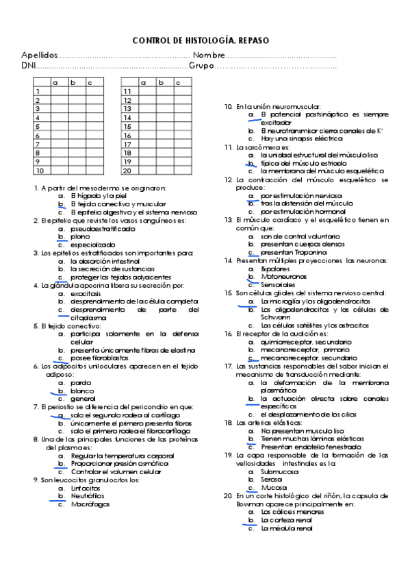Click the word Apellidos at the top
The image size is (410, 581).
point(40,55)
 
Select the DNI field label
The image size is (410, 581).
point(29,66)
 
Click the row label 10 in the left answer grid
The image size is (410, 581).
point(40,171)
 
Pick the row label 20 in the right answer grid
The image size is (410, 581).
point(127,171)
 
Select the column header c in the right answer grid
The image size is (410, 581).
point(177,83)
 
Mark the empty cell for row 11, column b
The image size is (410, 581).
point(161,91)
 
